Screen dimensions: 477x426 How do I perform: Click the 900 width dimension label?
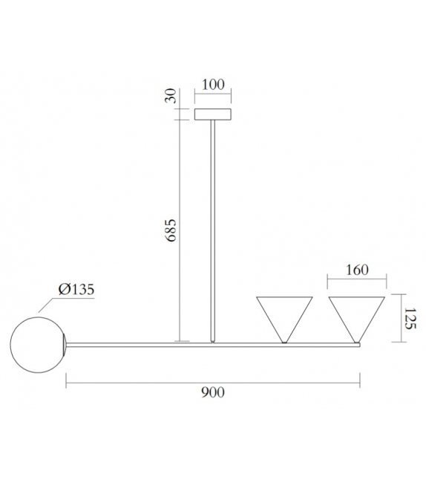[212, 392]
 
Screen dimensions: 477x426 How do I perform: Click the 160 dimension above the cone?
[356, 270]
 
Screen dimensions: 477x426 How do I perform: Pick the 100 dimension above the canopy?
[212, 85]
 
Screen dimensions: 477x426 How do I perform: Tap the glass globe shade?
[36, 343]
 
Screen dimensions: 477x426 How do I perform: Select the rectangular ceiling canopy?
[212, 114]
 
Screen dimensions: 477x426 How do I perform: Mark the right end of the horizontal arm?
[358, 344]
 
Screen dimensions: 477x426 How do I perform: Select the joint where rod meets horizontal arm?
[213, 343]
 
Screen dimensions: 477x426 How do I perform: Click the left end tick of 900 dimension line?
[67, 384]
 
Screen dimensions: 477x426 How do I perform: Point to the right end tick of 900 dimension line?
[360, 384]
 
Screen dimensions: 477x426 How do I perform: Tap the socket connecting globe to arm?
[68, 343]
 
